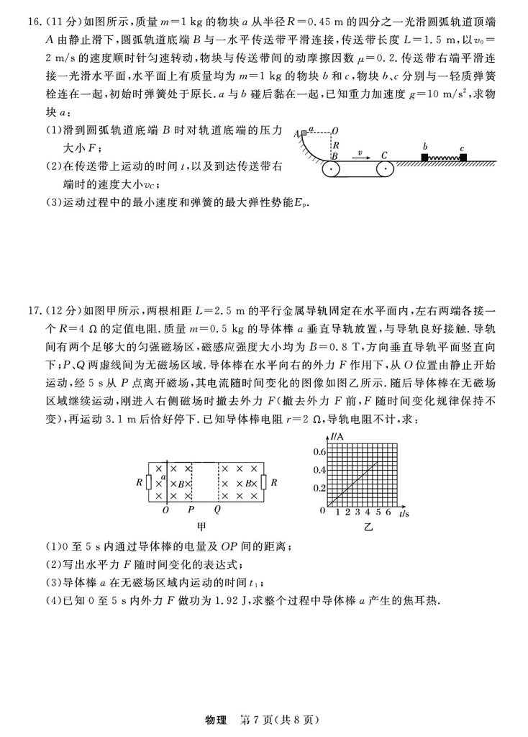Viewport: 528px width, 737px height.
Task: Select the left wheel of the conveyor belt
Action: [332, 170]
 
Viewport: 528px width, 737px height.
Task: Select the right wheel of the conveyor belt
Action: [383, 170]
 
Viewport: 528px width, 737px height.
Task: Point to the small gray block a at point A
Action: [304, 132]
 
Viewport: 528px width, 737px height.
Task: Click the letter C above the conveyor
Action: [384, 154]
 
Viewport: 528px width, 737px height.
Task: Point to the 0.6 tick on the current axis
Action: [318, 451]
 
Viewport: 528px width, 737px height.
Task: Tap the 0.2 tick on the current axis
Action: [318, 488]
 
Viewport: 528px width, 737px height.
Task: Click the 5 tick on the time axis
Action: [378, 513]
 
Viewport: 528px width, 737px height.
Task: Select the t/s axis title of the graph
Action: [404, 514]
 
